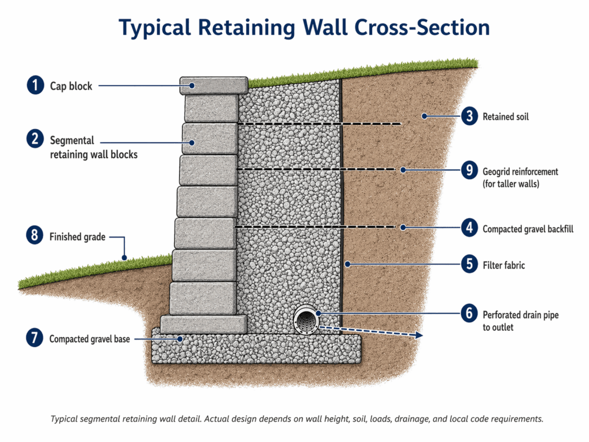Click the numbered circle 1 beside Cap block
(35, 86)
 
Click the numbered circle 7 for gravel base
(35, 338)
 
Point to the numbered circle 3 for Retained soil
(469, 116)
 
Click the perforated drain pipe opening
(305, 318)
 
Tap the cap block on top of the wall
(213, 86)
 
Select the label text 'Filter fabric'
(504, 265)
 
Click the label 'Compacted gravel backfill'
(527, 228)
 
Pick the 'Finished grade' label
(77, 237)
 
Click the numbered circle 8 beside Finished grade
(35, 235)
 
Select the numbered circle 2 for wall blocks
(35, 139)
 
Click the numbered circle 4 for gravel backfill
(469, 227)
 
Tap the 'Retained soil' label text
(506, 117)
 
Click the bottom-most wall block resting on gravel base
(204, 324)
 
